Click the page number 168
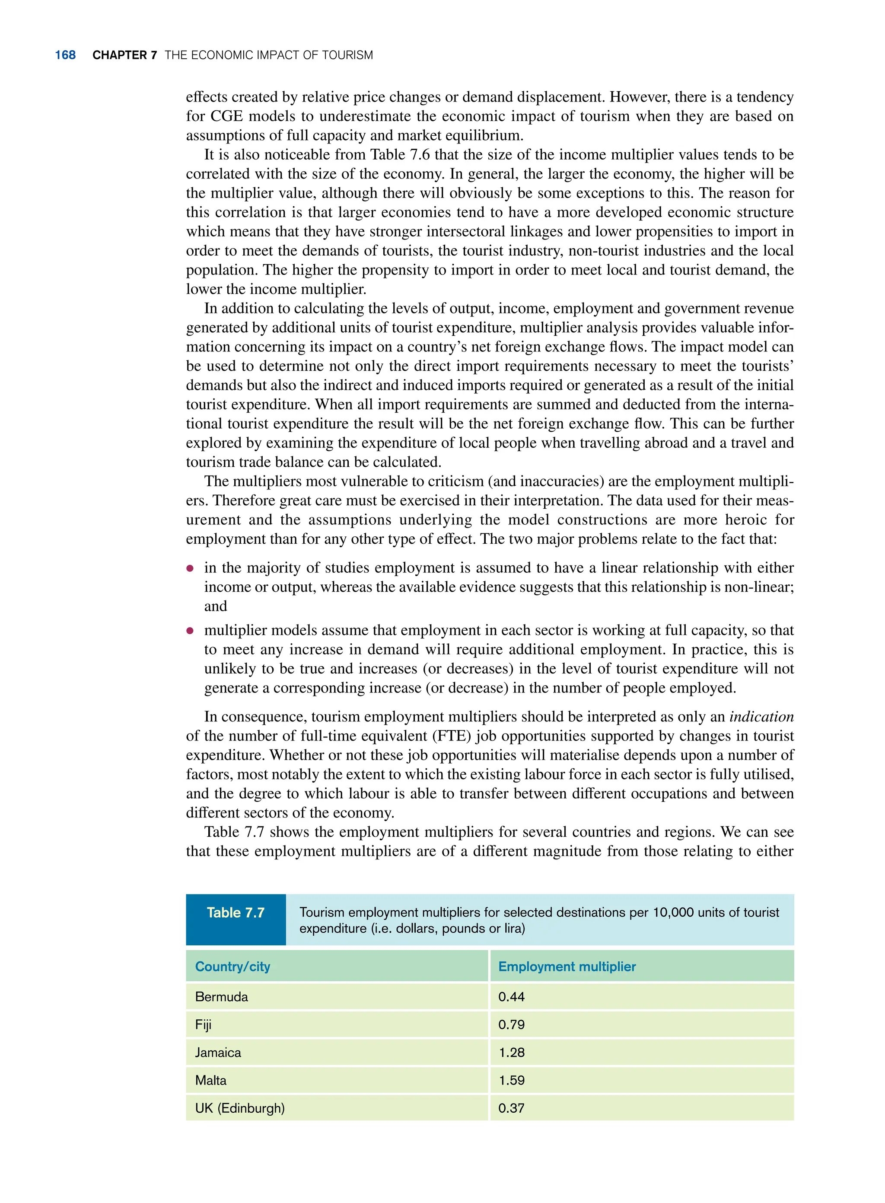click(65, 55)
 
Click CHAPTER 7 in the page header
click(124, 55)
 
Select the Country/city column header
click(232, 966)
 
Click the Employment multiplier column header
click(567, 966)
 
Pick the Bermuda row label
click(221, 997)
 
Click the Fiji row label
click(203, 1024)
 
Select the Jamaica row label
click(218, 1053)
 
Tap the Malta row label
click(210, 1080)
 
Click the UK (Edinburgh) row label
click(239, 1108)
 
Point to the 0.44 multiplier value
click(511, 997)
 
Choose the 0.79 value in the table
click(511, 1024)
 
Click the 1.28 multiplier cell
click(511, 1053)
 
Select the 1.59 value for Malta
click(511, 1080)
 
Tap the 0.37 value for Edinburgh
click(511, 1108)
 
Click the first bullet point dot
click(190, 568)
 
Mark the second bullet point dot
click(190, 631)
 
